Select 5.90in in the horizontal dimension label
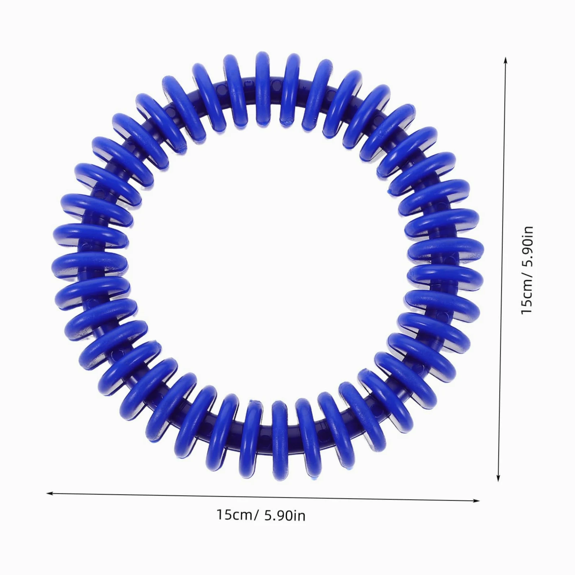(285, 515)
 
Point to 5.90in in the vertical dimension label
(527, 246)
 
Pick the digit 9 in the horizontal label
(280, 515)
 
